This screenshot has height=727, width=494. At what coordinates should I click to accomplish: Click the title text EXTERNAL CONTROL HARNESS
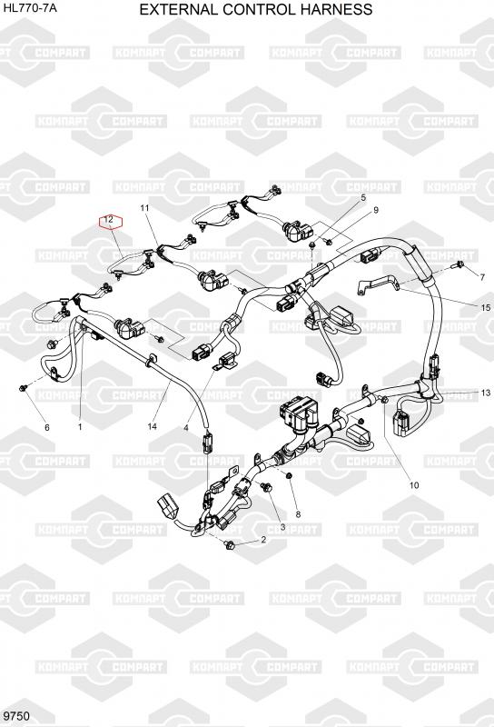(x=256, y=9)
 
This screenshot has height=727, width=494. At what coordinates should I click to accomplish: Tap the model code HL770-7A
(x=30, y=7)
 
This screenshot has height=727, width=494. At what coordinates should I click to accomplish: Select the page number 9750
(x=16, y=716)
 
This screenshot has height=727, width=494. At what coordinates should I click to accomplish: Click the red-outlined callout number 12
(x=108, y=220)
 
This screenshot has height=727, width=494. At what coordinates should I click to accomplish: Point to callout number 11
(x=145, y=208)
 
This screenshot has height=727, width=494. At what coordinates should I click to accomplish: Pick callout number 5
(x=363, y=197)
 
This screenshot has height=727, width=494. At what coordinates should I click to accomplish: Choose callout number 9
(x=376, y=210)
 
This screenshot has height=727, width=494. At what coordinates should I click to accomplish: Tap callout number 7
(x=482, y=277)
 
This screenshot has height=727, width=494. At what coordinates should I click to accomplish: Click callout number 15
(x=486, y=308)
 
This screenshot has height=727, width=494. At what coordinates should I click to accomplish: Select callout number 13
(x=486, y=393)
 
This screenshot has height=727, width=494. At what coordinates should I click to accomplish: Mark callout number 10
(x=414, y=485)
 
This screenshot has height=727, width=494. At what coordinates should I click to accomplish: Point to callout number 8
(x=298, y=514)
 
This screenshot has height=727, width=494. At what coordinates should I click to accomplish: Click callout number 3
(x=282, y=527)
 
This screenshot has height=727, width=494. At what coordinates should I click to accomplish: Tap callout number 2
(x=263, y=539)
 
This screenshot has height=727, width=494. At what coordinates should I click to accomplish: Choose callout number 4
(x=186, y=428)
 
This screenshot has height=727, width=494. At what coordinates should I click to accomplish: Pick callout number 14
(x=152, y=426)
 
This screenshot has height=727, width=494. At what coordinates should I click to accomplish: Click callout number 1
(x=80, y=426)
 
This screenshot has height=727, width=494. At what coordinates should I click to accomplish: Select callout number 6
(x=47, y=427)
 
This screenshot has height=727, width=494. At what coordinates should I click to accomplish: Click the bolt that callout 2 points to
(x=230, y=545)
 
